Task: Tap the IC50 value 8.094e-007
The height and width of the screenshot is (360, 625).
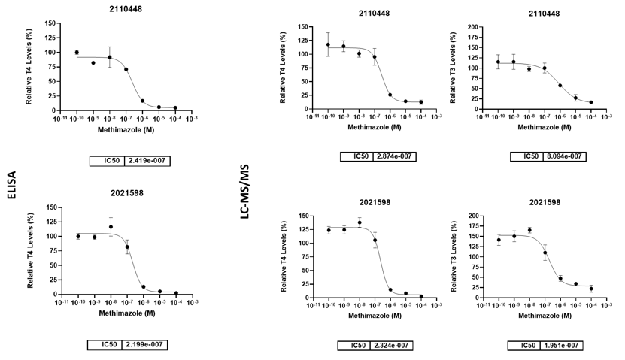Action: click(x=565, y=156)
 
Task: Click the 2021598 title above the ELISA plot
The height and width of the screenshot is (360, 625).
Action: click(x=125, y=193)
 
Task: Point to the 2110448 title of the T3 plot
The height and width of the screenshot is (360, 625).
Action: click(x=544, y=14)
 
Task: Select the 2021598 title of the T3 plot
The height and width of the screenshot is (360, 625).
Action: click(x=544, y=202)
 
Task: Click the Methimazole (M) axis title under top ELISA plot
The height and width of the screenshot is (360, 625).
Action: click(x=126, y=129)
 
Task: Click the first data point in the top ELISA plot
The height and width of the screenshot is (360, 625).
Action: click(x=77, y=53)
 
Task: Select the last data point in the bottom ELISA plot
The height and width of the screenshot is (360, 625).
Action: click(x=175, y=294)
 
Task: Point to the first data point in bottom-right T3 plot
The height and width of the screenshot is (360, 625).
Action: click(x=498, y=240)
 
